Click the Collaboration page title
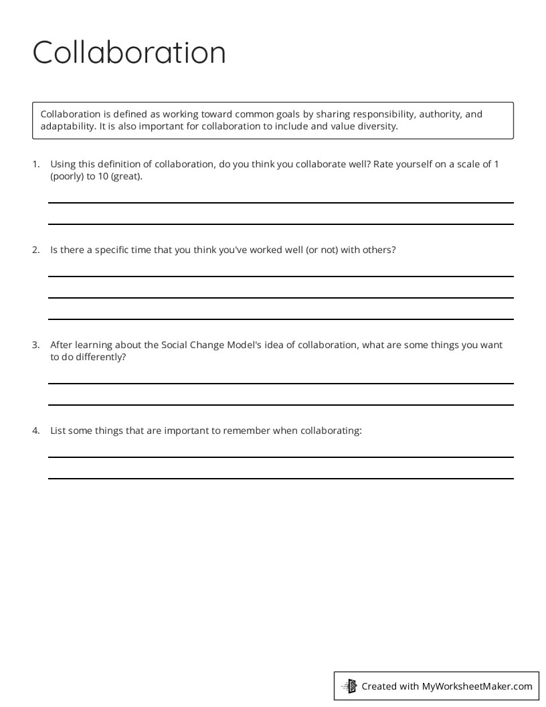(x=129, y=52)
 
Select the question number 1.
(x=36, y=165)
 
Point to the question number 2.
(x=36, y=250)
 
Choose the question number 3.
(x=36, y=345)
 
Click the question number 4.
(x=36, y=430)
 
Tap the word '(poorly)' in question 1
(x=67, y=177)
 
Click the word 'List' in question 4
(x=58, y=430)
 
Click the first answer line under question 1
(x=280, y=202)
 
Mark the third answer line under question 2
(x=280, y=319)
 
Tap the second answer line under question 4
(x=280, y=478)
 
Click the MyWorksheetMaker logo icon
(x=349, y=686)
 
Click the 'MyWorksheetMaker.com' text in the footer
(x=477, y=686)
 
